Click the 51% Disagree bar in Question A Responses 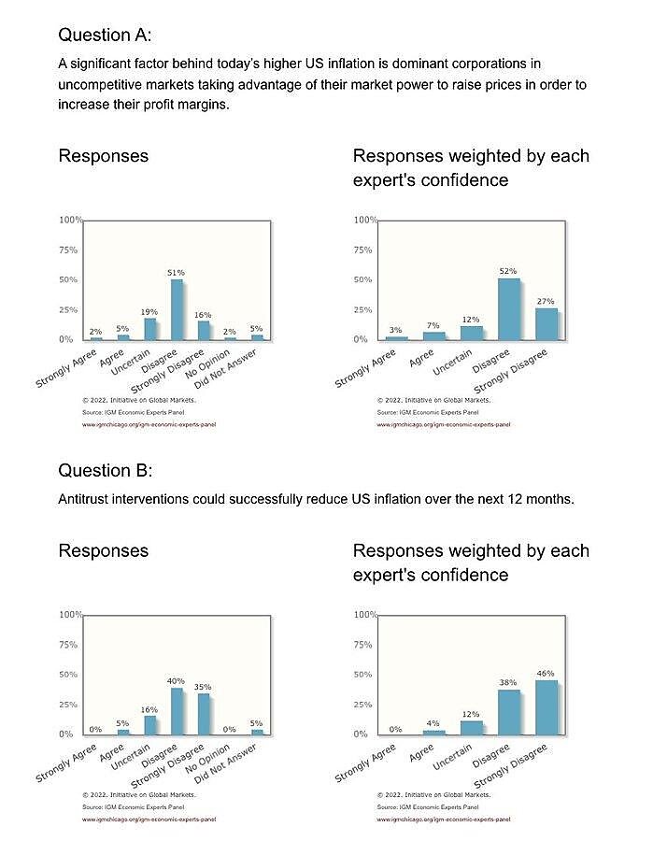coord(176,309)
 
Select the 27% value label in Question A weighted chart coord(546,302)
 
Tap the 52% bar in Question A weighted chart coord(508,308)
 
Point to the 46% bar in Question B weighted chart coord(546,707)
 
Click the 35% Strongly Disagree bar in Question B coord(203,714)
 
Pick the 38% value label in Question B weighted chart coord(508,682)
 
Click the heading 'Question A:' coord(105,36)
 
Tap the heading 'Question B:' coord(105,469)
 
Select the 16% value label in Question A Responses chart coord(203,315)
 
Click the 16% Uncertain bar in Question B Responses coord(149,725)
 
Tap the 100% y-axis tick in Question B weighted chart coord(365,615)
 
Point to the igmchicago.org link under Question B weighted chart coord(443,819)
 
